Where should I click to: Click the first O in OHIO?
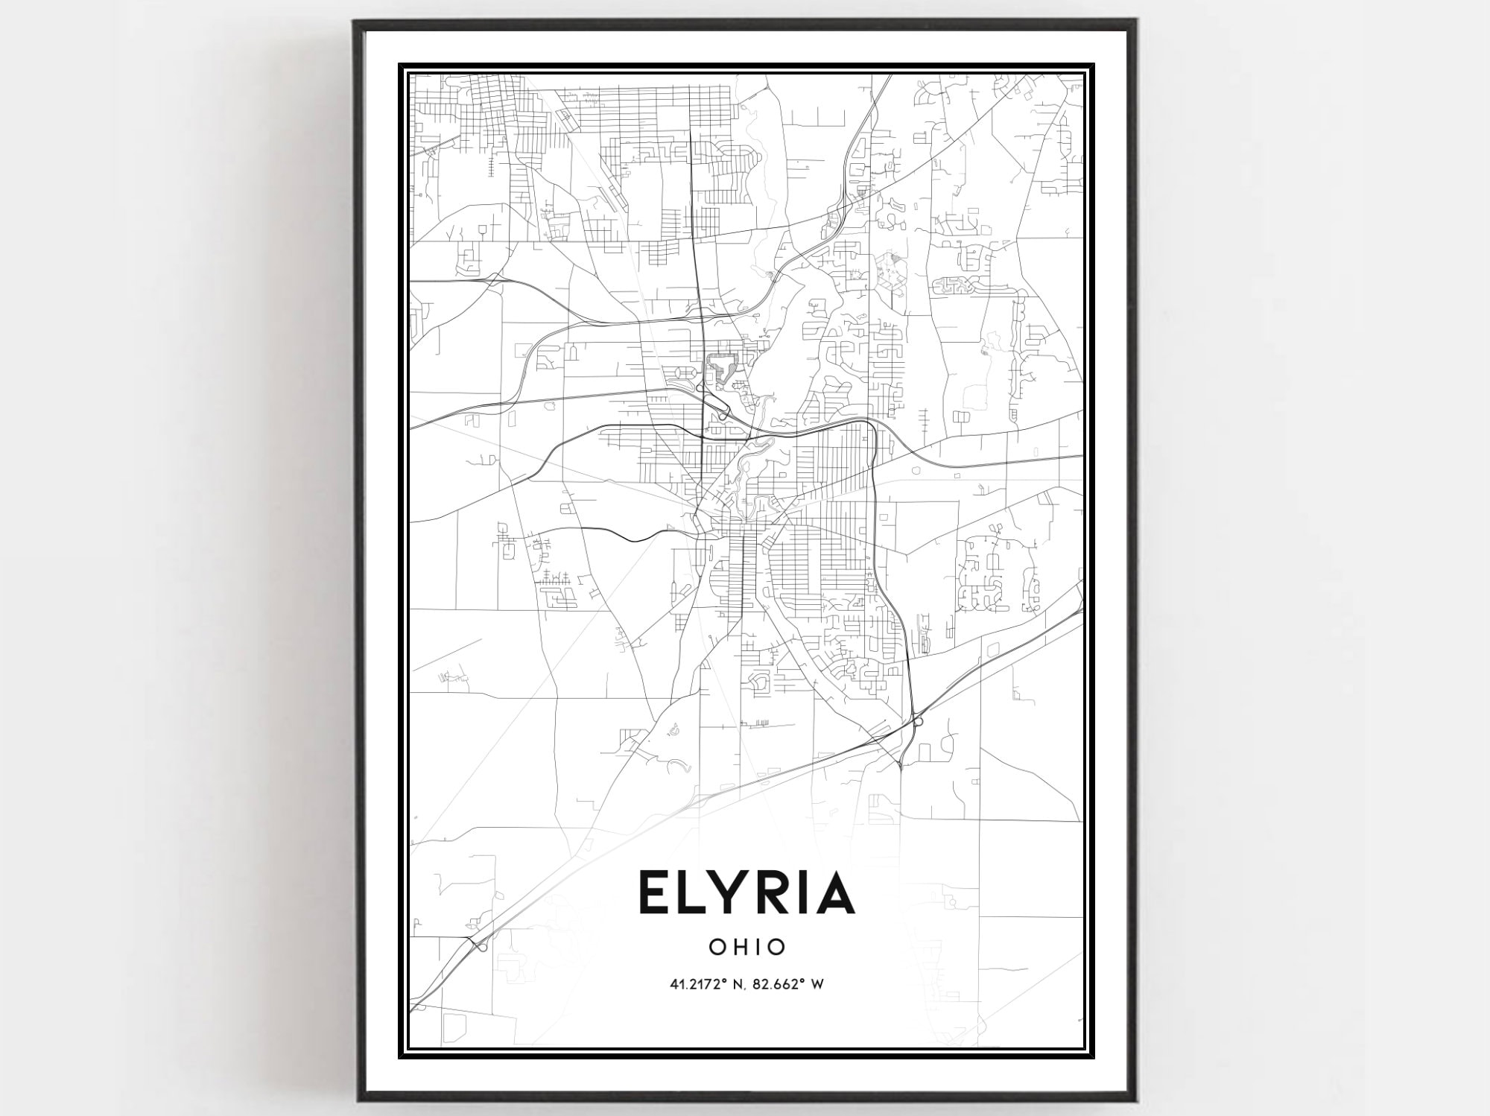[717, 947]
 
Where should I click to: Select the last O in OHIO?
[776, 947]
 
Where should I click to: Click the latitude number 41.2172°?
[697, 984]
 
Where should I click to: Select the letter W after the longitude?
[817, 984]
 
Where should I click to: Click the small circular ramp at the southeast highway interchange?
[919, 721]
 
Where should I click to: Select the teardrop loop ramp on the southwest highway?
[483, 947]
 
